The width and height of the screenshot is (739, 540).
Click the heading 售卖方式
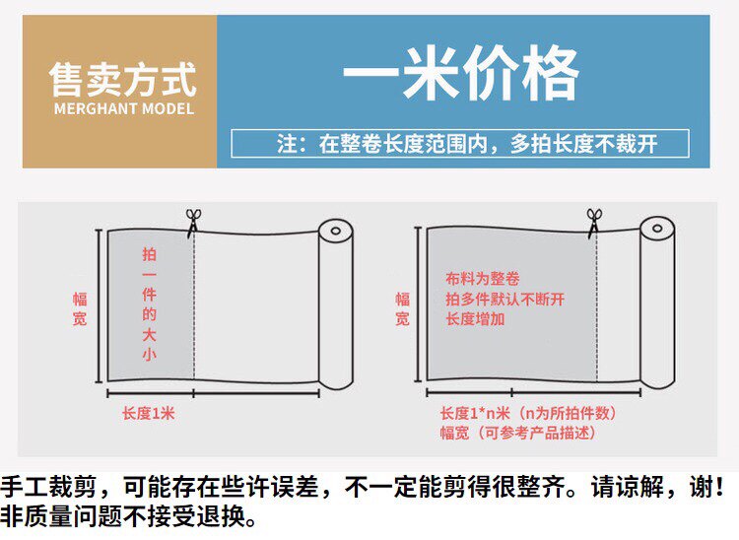122,80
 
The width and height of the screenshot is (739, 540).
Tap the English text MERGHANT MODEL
124,108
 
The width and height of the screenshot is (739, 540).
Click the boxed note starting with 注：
460,143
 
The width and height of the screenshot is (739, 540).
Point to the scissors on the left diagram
193,221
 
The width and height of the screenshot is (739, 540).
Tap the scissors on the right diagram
594,221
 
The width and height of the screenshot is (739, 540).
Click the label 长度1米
149,413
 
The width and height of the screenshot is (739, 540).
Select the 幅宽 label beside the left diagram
80,308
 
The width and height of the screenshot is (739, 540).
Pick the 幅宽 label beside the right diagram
402,308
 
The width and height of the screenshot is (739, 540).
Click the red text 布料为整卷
483,279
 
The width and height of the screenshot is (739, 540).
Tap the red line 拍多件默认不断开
504,299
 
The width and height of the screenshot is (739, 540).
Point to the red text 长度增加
475,319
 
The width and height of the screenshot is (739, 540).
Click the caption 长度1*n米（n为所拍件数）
528,413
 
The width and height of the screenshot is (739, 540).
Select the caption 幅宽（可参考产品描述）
518,433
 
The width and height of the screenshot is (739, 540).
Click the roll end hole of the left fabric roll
336,231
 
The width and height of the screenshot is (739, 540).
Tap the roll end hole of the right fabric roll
657,229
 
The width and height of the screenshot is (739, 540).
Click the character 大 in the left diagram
149,335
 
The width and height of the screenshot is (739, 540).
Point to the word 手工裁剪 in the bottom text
49,488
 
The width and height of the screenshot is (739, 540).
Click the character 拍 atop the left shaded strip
149,254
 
